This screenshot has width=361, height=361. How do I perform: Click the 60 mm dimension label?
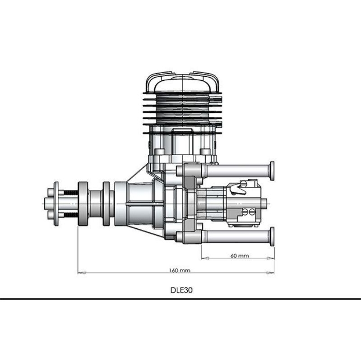(240, 255)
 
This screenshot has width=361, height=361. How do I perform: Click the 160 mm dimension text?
(180, 270)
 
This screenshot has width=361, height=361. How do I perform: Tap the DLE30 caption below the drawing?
(181, 290)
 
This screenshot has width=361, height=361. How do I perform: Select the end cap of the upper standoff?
(272, 171)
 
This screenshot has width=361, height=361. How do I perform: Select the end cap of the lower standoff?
(272, 237)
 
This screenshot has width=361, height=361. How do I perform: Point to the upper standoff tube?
(238, 171)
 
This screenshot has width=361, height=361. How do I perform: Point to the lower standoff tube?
(238, 237)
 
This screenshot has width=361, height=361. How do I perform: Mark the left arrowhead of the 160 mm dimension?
(82, 273)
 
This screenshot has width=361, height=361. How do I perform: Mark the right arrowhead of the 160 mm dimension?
(270, 273)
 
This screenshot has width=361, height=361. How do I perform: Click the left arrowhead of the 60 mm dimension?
(205, 258)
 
